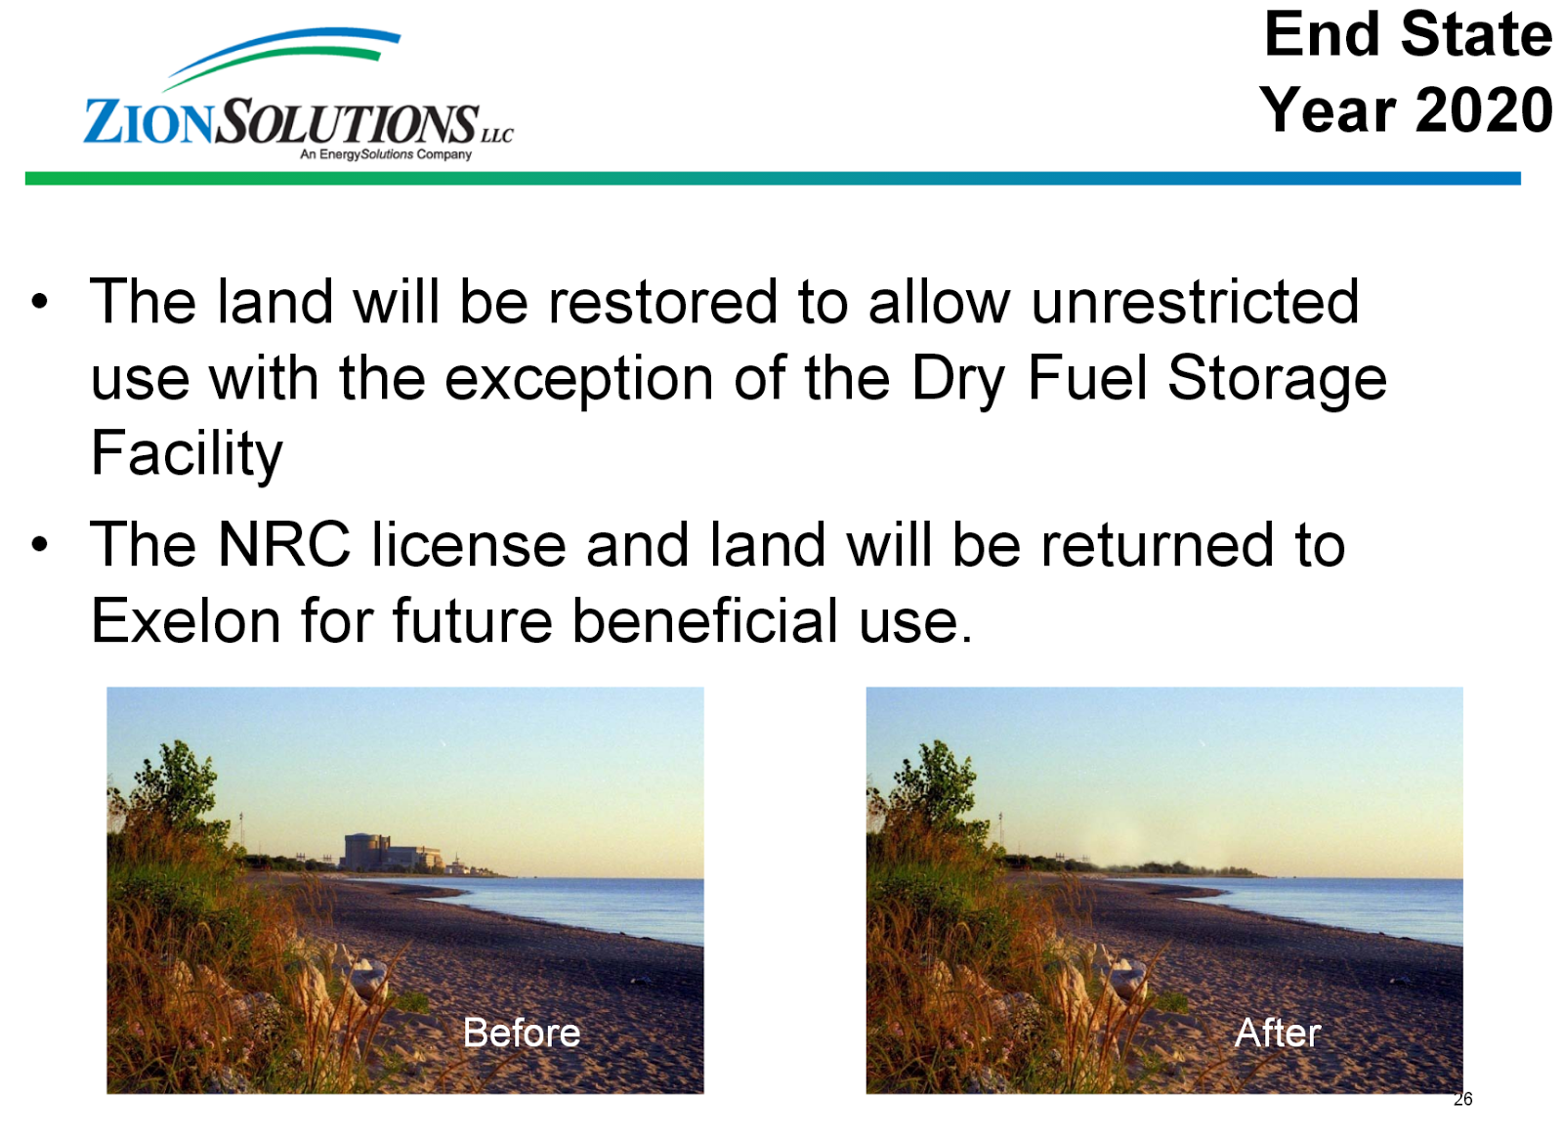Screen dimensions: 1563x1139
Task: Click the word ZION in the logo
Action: [148, 122]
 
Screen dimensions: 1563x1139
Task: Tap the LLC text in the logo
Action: [497, 135]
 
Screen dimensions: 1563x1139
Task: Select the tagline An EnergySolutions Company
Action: [386, 154]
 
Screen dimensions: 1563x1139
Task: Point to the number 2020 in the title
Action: [1484, 109]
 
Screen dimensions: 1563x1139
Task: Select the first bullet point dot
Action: [40, 302]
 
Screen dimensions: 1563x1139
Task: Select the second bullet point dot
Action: [40, 544]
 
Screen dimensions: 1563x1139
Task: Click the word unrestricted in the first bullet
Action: [1195, 301]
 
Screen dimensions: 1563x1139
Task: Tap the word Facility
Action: [187, 454]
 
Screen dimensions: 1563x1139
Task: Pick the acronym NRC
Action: [283, 544]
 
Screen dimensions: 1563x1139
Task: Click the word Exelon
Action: [186, 620]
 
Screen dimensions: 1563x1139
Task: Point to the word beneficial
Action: [704, 620]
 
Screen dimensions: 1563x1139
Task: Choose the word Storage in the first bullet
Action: [1278, 380]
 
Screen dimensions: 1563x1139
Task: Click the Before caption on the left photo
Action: [522, 1033]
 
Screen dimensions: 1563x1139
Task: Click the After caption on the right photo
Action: [1277, 1033]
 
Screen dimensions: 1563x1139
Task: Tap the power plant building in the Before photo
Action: [392, 852]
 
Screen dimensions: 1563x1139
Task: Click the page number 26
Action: [1462, 1099]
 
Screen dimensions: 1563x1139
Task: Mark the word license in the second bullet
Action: [468, 544]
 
